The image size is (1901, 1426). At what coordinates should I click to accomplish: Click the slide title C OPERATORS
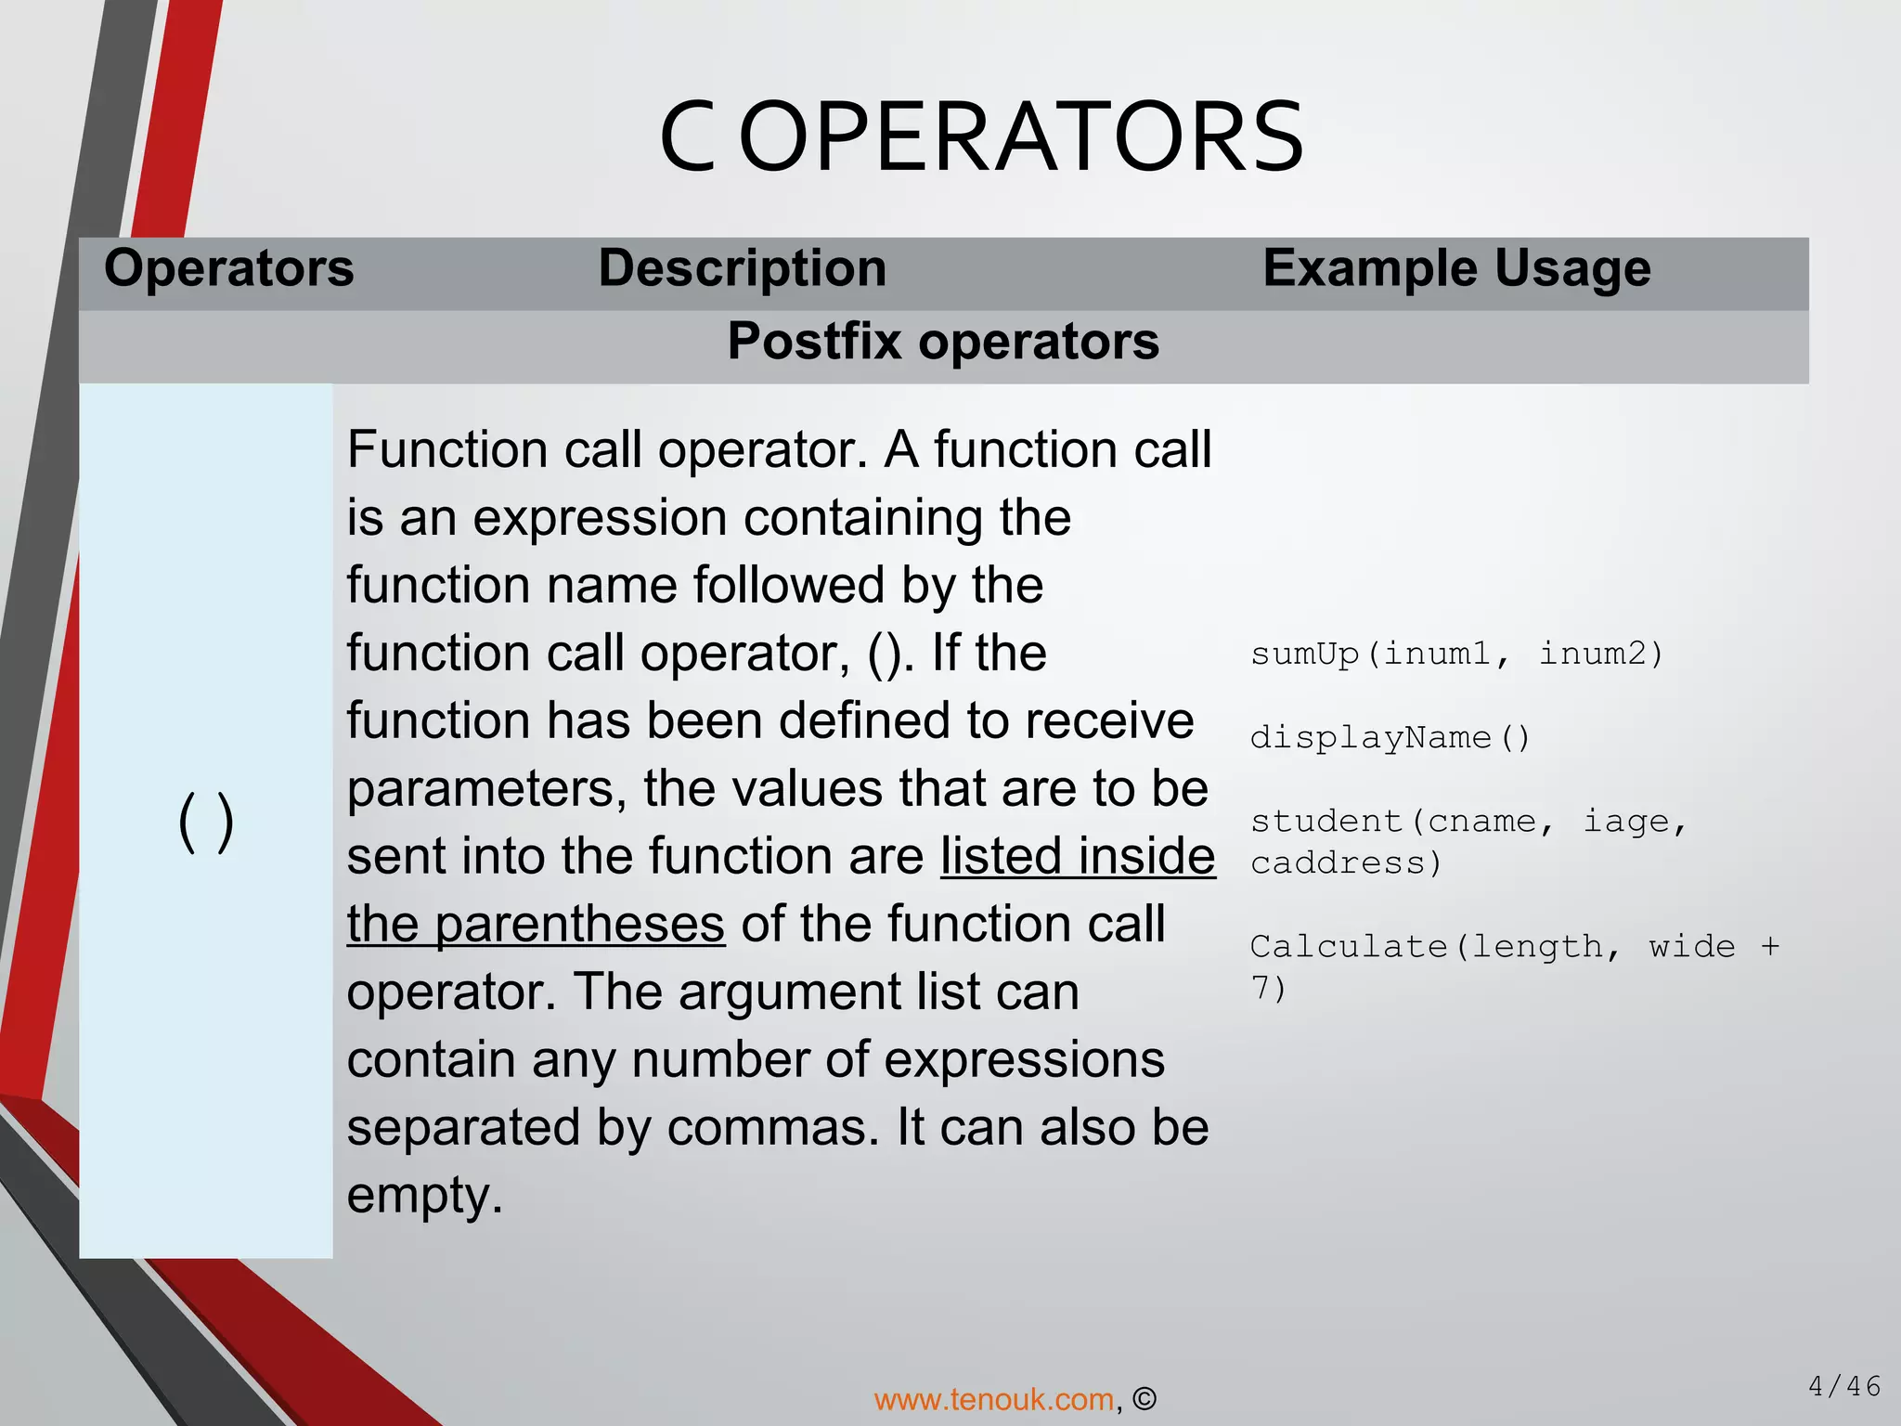pos(981,137)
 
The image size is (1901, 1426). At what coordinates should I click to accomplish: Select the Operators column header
pos(228,268)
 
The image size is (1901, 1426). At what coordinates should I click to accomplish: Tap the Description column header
pos(742,268)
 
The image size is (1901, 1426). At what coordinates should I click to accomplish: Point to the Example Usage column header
pos(1456,268)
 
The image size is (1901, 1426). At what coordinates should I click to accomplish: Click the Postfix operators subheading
pos(943,341)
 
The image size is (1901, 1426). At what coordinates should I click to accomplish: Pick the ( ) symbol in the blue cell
pos(205,822)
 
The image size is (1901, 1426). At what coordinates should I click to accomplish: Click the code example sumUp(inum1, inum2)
pos(1455,655)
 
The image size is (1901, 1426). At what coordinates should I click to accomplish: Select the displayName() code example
pos(1390,738)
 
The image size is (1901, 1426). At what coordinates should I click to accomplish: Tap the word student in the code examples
pos(1326,822)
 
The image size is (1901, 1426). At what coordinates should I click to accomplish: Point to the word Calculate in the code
pos(1348,947)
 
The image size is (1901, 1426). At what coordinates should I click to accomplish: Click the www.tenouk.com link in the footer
pos(993,1399)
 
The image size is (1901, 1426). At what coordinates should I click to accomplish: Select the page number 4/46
pos(1844,1387)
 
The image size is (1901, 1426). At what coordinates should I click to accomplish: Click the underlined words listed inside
pos(1077,856)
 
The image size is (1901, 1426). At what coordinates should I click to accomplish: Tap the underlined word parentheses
pos(579,925)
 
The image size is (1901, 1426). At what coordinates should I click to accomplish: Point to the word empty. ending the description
pos(424,1196)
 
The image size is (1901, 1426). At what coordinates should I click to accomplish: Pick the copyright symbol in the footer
pos(1144,1399)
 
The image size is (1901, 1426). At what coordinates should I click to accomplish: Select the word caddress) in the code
pos(1346,863)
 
